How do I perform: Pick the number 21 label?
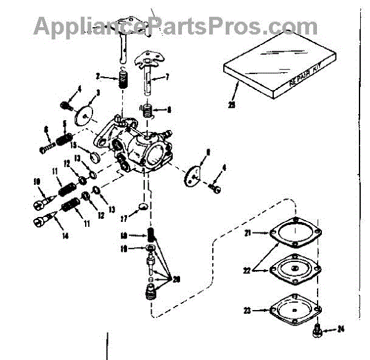[x=247, y=233]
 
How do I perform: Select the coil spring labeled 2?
[x=122, y=80]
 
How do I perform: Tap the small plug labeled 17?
[x=142, y=206]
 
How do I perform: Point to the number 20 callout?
[x=177, y=279]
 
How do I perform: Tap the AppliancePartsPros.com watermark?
[x=175, y=26]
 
